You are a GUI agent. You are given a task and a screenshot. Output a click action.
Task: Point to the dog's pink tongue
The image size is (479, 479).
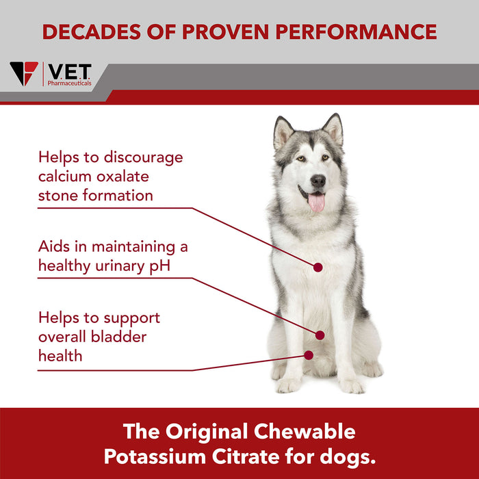[x=316, y=202]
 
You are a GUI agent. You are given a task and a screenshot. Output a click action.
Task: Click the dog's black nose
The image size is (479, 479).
[x=318, y=180]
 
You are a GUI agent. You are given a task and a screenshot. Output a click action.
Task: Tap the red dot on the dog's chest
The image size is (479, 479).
[x=318, y=266]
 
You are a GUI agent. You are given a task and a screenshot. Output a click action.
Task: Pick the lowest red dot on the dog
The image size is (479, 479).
[x=309, y=354]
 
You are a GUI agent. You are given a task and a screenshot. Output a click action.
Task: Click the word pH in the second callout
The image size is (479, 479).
[x=159, y=266]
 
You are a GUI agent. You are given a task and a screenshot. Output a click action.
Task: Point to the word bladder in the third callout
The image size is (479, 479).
[x=121, y=337]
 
